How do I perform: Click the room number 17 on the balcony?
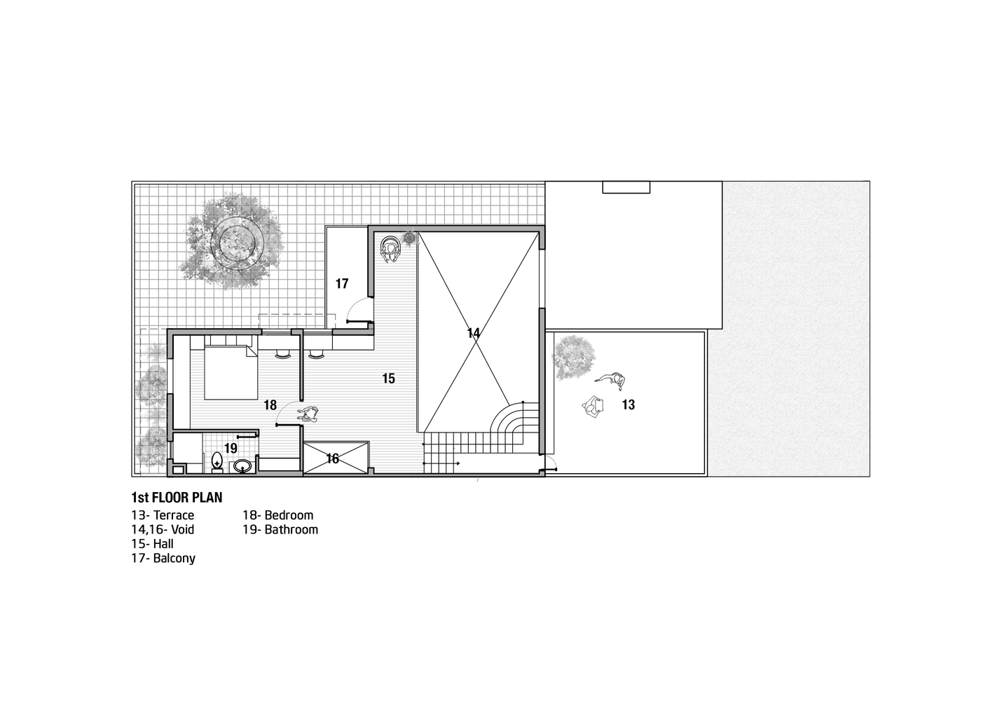tap(342, 284)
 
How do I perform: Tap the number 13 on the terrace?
tap(629, 405)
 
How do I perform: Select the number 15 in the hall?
tap(388, 379)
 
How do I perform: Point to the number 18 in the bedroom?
tap(270, 405)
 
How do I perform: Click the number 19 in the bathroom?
tap(231, 448)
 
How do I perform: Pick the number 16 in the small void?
tap(332, 458)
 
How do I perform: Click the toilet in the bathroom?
tap(217, 463)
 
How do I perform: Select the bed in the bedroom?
tap(231, 372)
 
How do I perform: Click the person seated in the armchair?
tap(390, 249)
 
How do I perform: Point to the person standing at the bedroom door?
tap(308, 415)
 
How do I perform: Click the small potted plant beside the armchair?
tap(409, 238)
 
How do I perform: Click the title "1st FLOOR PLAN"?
tap(177, 498)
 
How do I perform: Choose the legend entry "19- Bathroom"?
tap(280, 530)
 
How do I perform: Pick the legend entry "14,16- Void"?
tap(163, 530)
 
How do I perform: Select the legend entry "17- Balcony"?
tap(163, 559)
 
